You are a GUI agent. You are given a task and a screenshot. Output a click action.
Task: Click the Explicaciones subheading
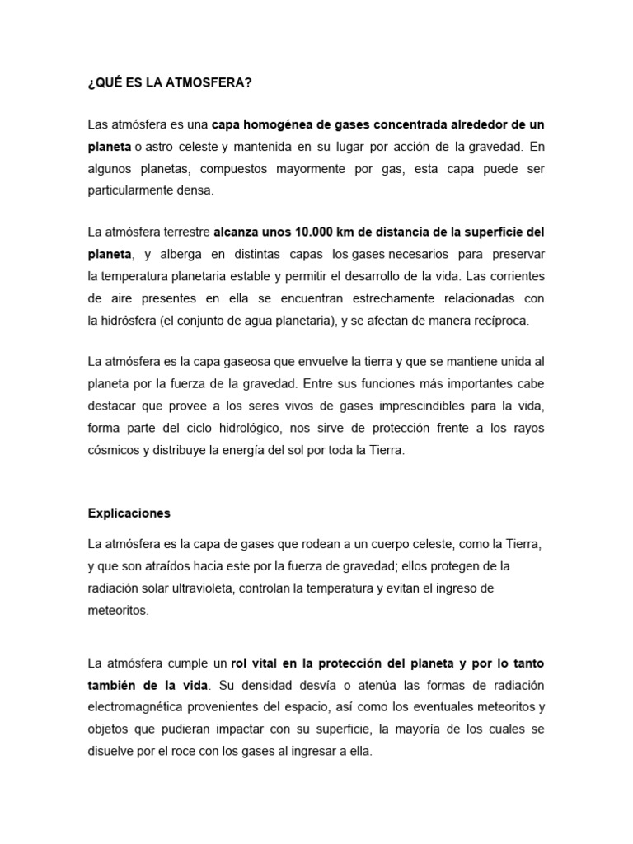pyautogui.click(x=129, y=513)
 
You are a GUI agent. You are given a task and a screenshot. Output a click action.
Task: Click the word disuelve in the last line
pyautogui.click(x=112, y=751)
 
